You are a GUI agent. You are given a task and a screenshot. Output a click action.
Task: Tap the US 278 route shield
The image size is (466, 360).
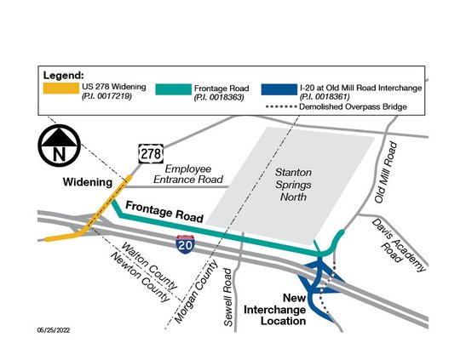click(151, 154)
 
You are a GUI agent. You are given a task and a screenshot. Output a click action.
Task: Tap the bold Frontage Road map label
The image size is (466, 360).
click(164, 212)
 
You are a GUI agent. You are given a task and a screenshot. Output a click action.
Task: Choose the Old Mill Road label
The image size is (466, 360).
click(383, 174)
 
